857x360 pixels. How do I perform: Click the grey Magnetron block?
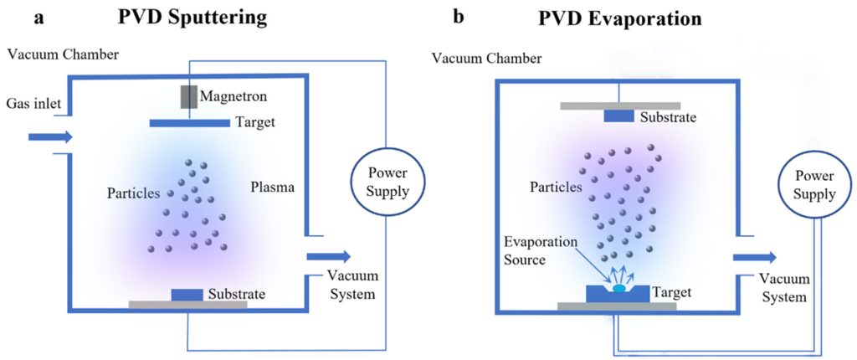click(189, 96)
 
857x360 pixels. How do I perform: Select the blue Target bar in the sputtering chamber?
click(189, 123)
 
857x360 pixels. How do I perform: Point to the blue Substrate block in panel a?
click(186, 295)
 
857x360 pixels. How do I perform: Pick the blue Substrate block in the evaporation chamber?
click(618, 116)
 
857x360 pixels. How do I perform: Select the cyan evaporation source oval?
click(619, 288)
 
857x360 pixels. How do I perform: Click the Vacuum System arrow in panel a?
click(328, 257)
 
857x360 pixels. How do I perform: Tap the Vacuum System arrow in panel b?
click(753, 257)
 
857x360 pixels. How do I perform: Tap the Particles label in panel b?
click(556, 187)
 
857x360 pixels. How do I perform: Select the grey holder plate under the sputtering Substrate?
click(187, 305)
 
